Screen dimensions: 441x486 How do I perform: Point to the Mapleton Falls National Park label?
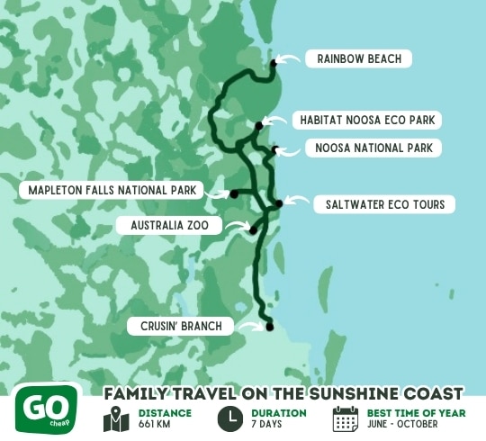click(x=112, y=191)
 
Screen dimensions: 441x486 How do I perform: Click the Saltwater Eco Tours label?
click(x=384, y=205)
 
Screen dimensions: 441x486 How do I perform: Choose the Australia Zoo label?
click(x=170, y=224)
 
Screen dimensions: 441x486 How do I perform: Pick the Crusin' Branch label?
click(x=180, y=326)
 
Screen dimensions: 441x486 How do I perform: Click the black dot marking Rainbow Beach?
click(x=274, y=63)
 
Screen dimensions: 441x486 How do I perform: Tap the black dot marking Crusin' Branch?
click(x=268, y=328)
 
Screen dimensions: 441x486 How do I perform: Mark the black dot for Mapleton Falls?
click(x=233, y=193)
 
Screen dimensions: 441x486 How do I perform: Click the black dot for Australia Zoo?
click(x=253, y=230)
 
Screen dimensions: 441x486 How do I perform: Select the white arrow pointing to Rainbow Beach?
click(x=288, y=59)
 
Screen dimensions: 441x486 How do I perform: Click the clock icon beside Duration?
click(x=229, y=418)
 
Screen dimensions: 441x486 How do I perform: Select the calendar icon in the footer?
click(x=346, y=418)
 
